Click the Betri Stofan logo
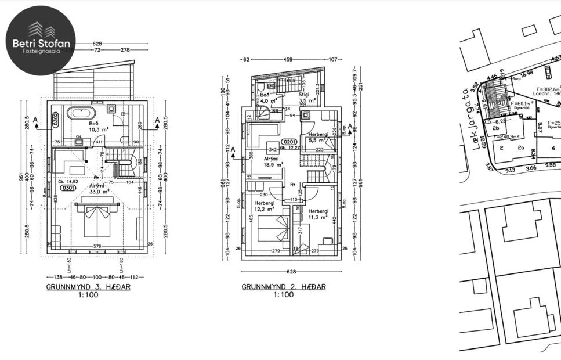[x=41, y=41]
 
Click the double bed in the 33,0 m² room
[x=96, y=219]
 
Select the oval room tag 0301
[x=68, y=188]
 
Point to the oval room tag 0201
[x=289, y=142]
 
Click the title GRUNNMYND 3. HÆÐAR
[x=89, y=287]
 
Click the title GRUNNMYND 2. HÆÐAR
[x=284, y=287]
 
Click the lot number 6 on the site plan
[x=553, y=148]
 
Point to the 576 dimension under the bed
[x=97, y=246]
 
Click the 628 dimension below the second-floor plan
[x=291, y=272]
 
